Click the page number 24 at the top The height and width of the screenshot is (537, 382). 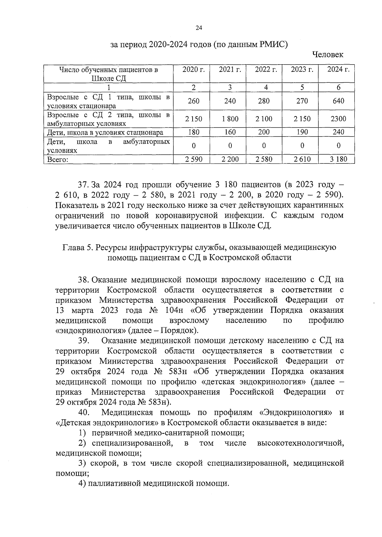199,28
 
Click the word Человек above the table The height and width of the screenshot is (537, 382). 328,55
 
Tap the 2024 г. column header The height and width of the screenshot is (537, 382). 338,70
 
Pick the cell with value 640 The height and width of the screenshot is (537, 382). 338,101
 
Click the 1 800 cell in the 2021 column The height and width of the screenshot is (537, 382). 230,119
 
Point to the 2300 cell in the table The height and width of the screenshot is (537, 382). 338,119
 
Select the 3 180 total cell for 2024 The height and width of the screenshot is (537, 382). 338,159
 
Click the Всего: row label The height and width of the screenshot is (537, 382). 58,160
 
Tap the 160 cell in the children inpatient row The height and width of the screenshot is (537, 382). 230,132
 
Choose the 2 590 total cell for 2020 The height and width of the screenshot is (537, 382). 194,159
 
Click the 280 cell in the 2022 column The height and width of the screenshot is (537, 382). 264,101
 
